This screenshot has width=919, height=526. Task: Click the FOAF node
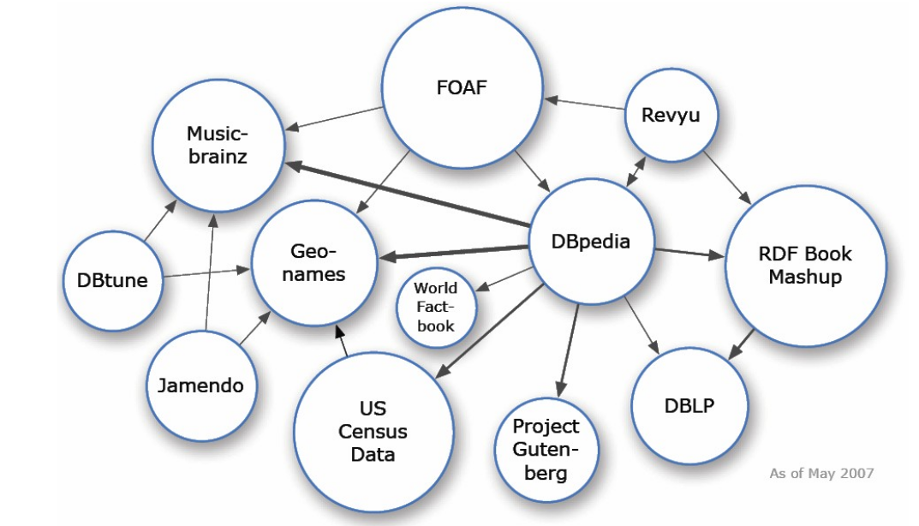(462, 87)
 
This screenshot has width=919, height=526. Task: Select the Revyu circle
(670, 115)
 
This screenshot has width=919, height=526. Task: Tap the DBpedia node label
(591, 242)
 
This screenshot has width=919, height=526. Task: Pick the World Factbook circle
(436, 307)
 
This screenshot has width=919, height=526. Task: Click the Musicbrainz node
(218, 146)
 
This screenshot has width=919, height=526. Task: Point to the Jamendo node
(200, 386)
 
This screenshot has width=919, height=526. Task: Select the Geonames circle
(313, 262)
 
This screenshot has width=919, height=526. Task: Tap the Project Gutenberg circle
(546, 449)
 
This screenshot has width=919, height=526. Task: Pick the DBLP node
(689, 406)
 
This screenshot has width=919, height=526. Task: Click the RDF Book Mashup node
(805, 265)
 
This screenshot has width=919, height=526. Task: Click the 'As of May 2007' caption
(821, 473)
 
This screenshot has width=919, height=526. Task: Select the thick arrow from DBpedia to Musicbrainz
(408, 194)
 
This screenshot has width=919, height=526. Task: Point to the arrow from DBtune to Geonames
(206, 273)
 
